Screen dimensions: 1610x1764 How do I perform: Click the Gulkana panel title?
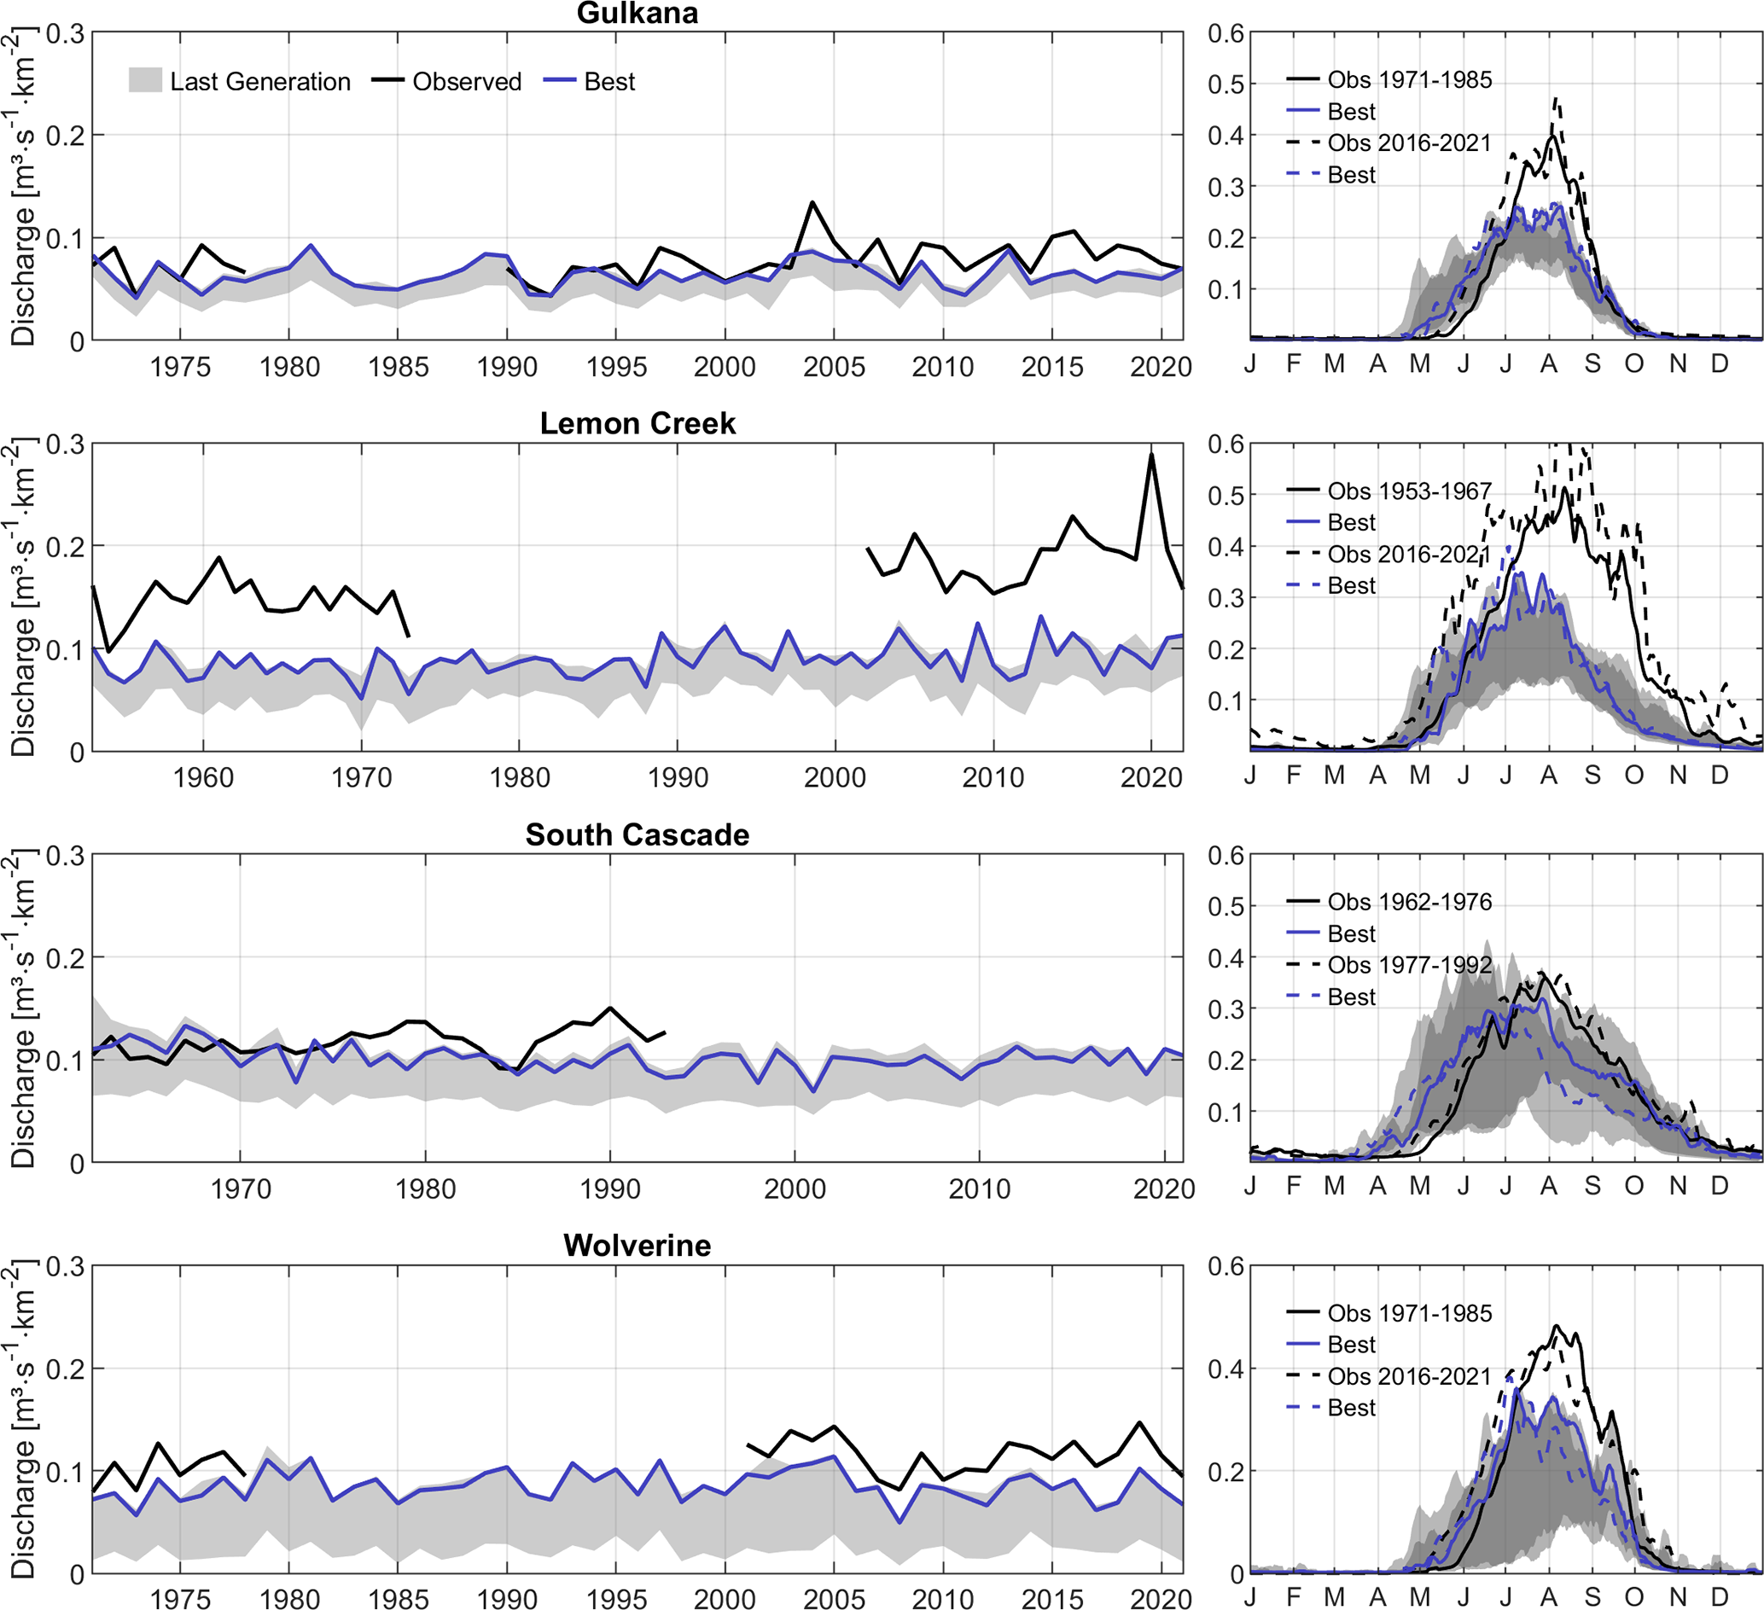(x=637, y=13)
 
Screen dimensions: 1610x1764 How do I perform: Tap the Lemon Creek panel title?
(x=637, y=423)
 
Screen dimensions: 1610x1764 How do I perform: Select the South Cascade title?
(x=637, y=834)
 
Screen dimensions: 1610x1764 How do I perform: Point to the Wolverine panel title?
(x=637, y=1245)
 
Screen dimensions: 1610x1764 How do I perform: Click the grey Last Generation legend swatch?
(x=145, y=81)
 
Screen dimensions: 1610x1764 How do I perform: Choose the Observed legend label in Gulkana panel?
(x=466, y=81)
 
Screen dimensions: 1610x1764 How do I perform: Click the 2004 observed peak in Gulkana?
(x=813, y=203)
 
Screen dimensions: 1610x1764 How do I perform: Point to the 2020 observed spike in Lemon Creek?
(x=1151, y=455)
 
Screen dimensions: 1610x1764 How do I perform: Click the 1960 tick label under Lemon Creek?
(x=203, y=778)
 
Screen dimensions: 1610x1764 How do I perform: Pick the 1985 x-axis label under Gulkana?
(x=399, y=367)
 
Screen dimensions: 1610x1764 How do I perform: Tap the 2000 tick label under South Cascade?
(x=795, y=1189)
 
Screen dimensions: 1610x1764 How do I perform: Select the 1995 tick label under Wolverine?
(x=616, y=1599)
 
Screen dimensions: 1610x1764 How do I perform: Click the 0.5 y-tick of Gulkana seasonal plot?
(x=1225, y=84)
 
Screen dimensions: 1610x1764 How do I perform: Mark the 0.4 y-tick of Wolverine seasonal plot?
(x=1225, y=1369)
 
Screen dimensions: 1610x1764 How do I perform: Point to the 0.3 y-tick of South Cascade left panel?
(x=66, y=856)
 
